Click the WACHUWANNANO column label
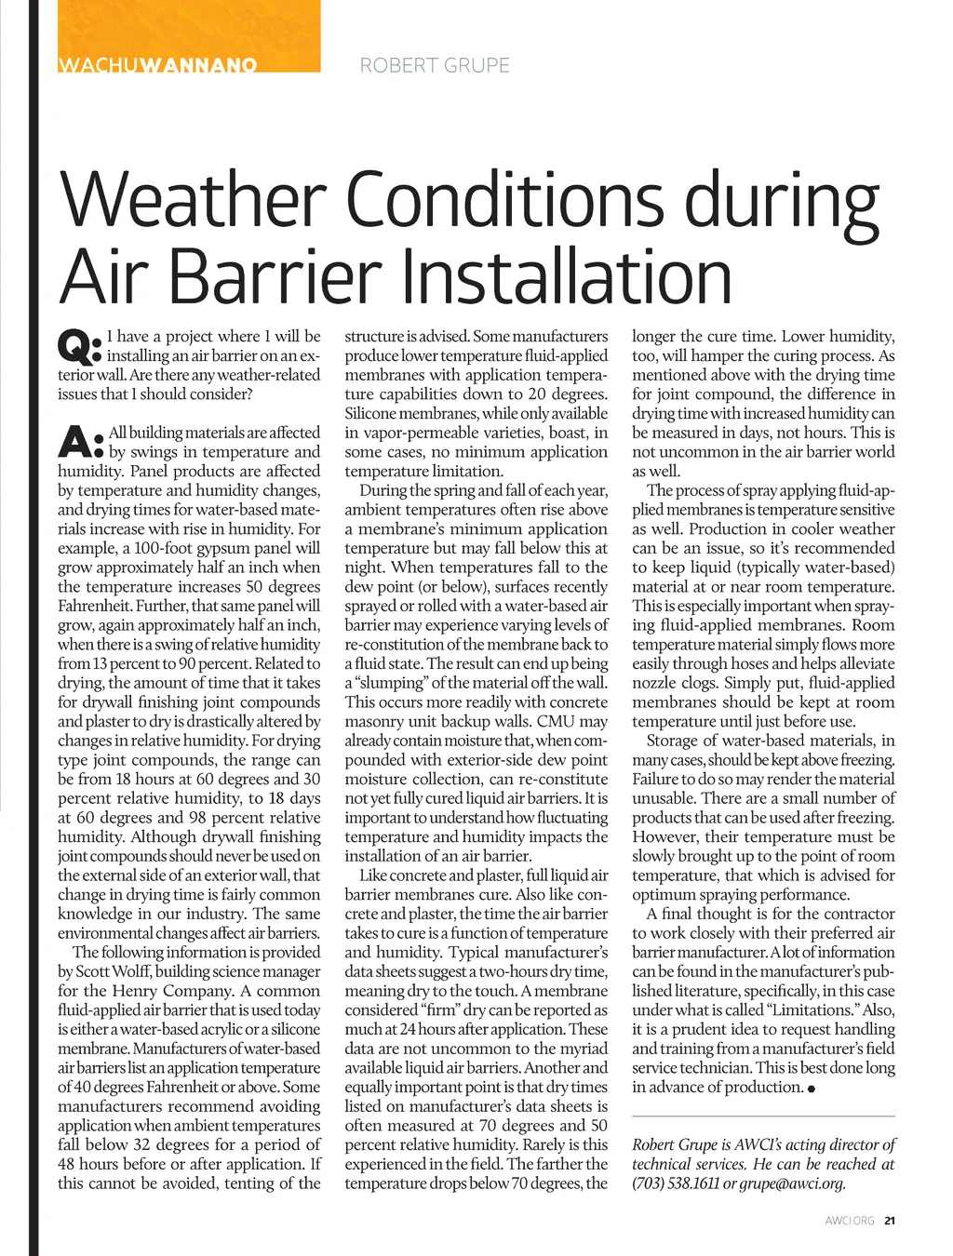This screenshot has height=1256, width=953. (157, 65)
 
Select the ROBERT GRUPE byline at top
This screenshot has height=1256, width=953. (435, 65)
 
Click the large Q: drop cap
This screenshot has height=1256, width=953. (78, 347)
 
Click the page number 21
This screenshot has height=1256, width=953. (890, 1221)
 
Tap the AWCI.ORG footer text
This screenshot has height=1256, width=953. (850, 1221)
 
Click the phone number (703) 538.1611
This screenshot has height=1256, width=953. (676, 1183)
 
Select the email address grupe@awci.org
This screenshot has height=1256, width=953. (792, 1183)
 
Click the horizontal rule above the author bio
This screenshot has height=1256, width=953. (763, 1116)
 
